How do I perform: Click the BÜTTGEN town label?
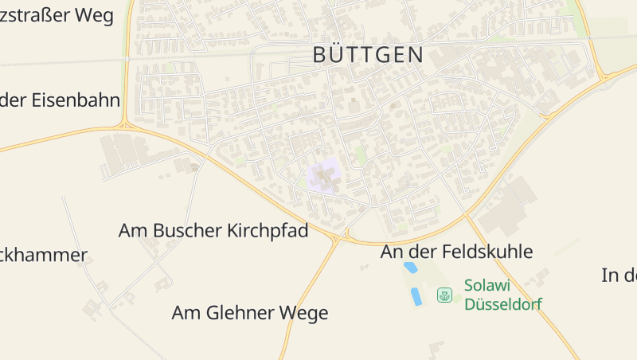367,54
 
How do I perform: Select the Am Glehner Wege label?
249,313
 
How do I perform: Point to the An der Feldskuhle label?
456,252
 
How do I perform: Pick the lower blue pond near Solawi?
416,296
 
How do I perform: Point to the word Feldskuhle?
486,252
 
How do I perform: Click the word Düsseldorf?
503,304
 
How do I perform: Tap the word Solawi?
487,285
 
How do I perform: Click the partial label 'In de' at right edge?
619,276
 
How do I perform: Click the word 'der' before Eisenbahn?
14,100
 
